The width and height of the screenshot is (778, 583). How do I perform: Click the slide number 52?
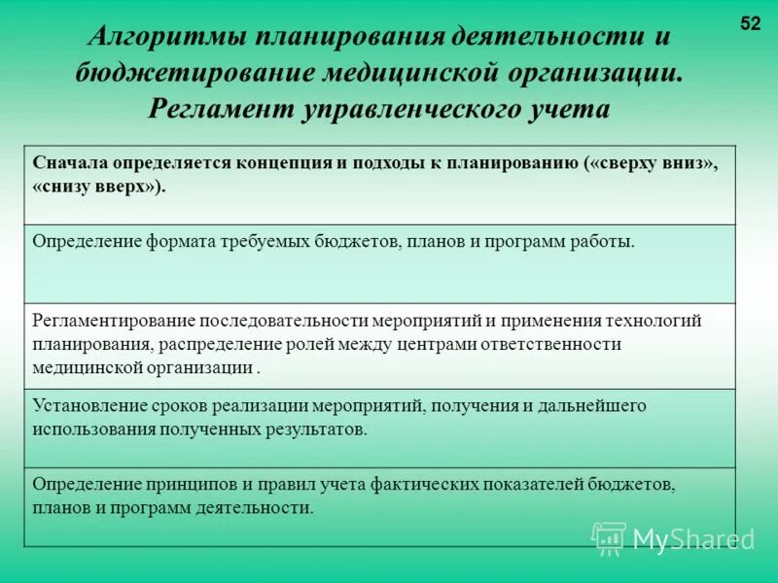click(x=750, y=24)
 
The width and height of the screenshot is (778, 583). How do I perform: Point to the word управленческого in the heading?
click(x=397, y=107)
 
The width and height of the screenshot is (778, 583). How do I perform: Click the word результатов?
click(x=318, y=429)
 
